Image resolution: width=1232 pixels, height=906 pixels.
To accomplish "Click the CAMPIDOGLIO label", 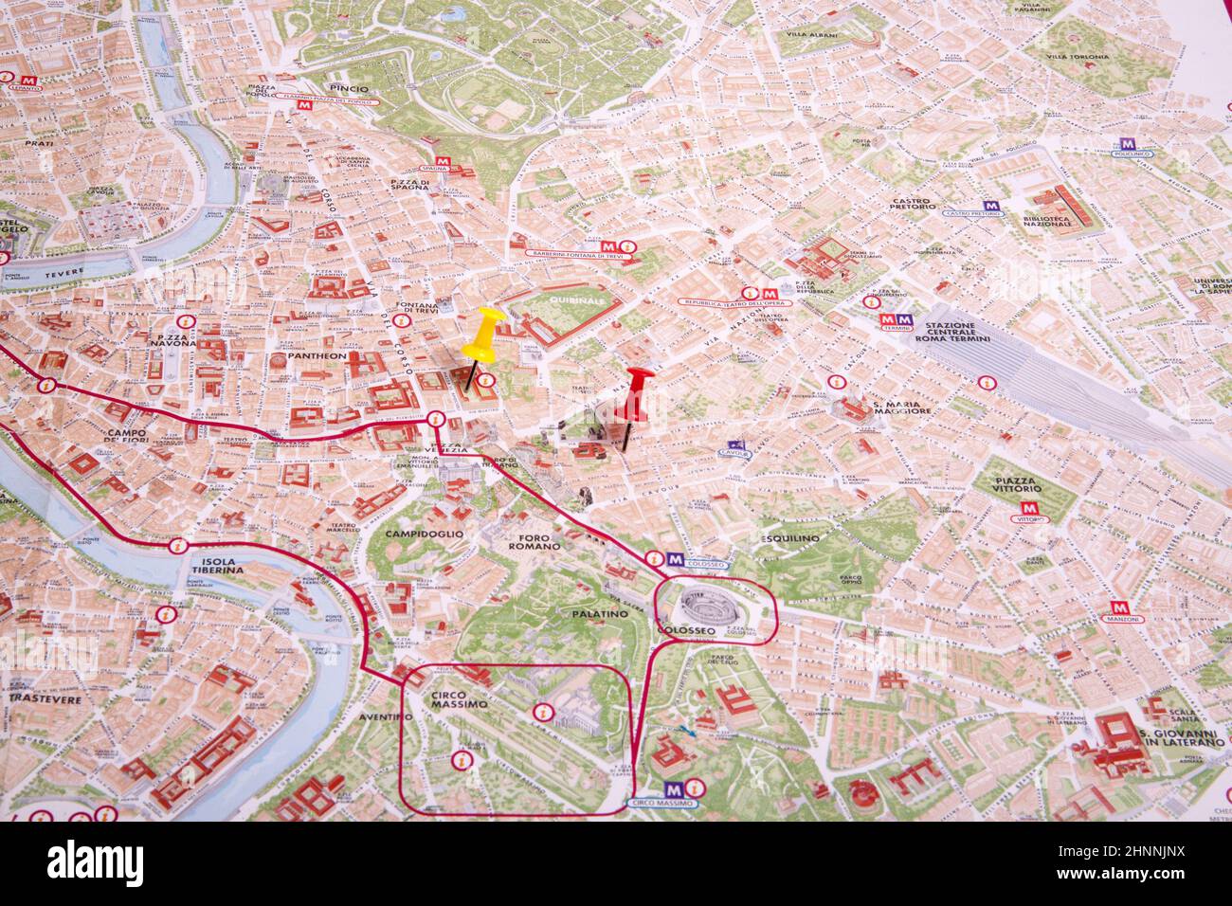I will [425, 534].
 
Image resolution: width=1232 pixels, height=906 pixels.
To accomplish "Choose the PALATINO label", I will [600, 614].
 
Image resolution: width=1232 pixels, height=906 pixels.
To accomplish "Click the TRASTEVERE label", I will [42, 698].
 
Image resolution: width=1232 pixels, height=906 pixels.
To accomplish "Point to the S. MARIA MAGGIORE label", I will [901, 408].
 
